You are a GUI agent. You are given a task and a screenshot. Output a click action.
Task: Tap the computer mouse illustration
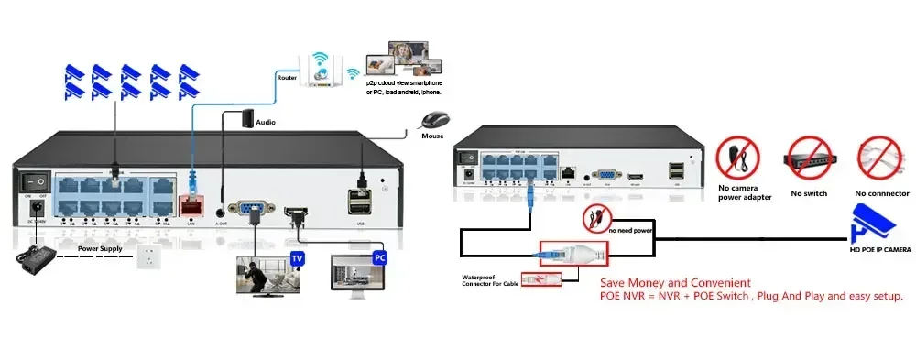coord(434,120)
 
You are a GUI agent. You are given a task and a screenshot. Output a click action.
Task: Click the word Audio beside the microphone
coord(266,121)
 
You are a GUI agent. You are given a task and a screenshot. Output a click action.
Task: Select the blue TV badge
coord(297,259)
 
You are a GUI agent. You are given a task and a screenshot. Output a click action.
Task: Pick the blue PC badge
coord(380,258)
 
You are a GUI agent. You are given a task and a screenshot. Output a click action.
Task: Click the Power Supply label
coord(100,247)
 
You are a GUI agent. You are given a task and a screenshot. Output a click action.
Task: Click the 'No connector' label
coord(881,193)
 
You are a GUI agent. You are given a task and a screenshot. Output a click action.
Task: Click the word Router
coord(286,78)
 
